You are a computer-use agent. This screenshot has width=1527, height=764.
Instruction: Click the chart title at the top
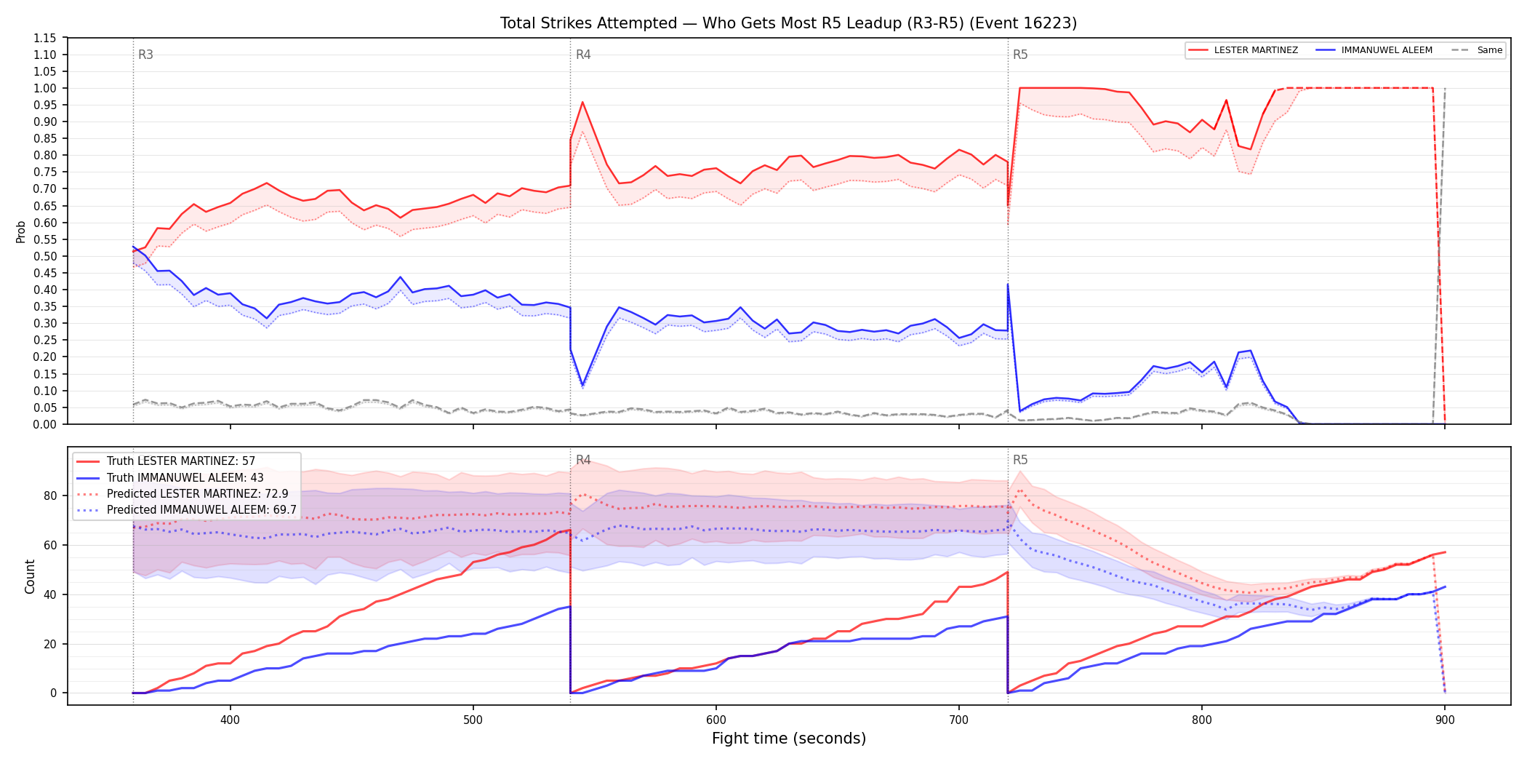788,23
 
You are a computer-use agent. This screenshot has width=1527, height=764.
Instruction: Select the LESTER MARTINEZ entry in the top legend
1243,50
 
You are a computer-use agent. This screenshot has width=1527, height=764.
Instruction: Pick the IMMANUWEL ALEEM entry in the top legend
1374,50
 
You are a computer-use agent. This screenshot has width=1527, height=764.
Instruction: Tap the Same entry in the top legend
1477,50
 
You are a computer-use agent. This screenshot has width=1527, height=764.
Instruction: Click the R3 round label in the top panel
145,55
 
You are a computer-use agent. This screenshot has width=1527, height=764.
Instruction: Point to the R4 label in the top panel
583,55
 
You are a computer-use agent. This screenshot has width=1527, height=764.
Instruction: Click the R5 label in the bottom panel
1020,460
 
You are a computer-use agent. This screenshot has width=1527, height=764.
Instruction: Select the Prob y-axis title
21,231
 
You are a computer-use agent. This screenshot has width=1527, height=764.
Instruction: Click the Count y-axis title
30,576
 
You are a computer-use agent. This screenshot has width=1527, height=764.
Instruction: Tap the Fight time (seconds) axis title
789,739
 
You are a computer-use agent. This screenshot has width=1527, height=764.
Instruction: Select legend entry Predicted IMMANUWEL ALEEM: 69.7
186,510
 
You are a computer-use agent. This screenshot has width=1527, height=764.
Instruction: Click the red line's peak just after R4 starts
582,102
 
